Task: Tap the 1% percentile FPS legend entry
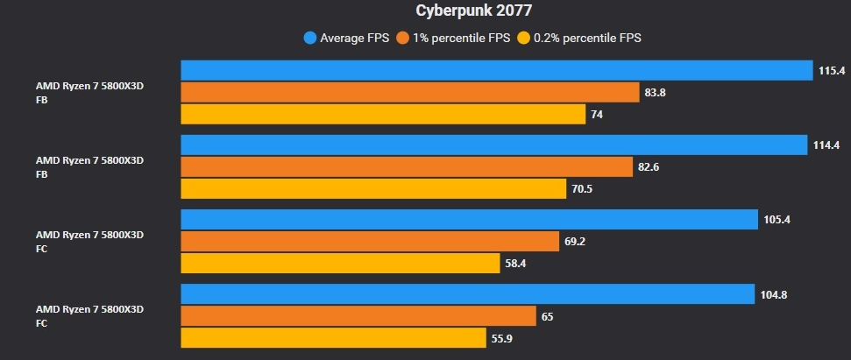[x=453, y=38]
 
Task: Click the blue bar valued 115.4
[x=496, y=70]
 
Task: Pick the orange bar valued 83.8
[x=410, y=92]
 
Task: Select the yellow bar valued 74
[x=383, y=114]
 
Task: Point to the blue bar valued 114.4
[x=493, y=145]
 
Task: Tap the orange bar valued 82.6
[x=407, y=166]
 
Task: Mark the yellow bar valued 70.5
[x=373, y=188]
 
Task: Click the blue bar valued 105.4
[x=469, y=219]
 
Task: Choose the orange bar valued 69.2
[x=370, y=241]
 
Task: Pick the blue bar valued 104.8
[x=468, y=294]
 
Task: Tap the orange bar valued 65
[x=358, y=316]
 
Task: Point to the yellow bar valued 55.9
[x=334, y=338]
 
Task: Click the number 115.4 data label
[x=830, y=70]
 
